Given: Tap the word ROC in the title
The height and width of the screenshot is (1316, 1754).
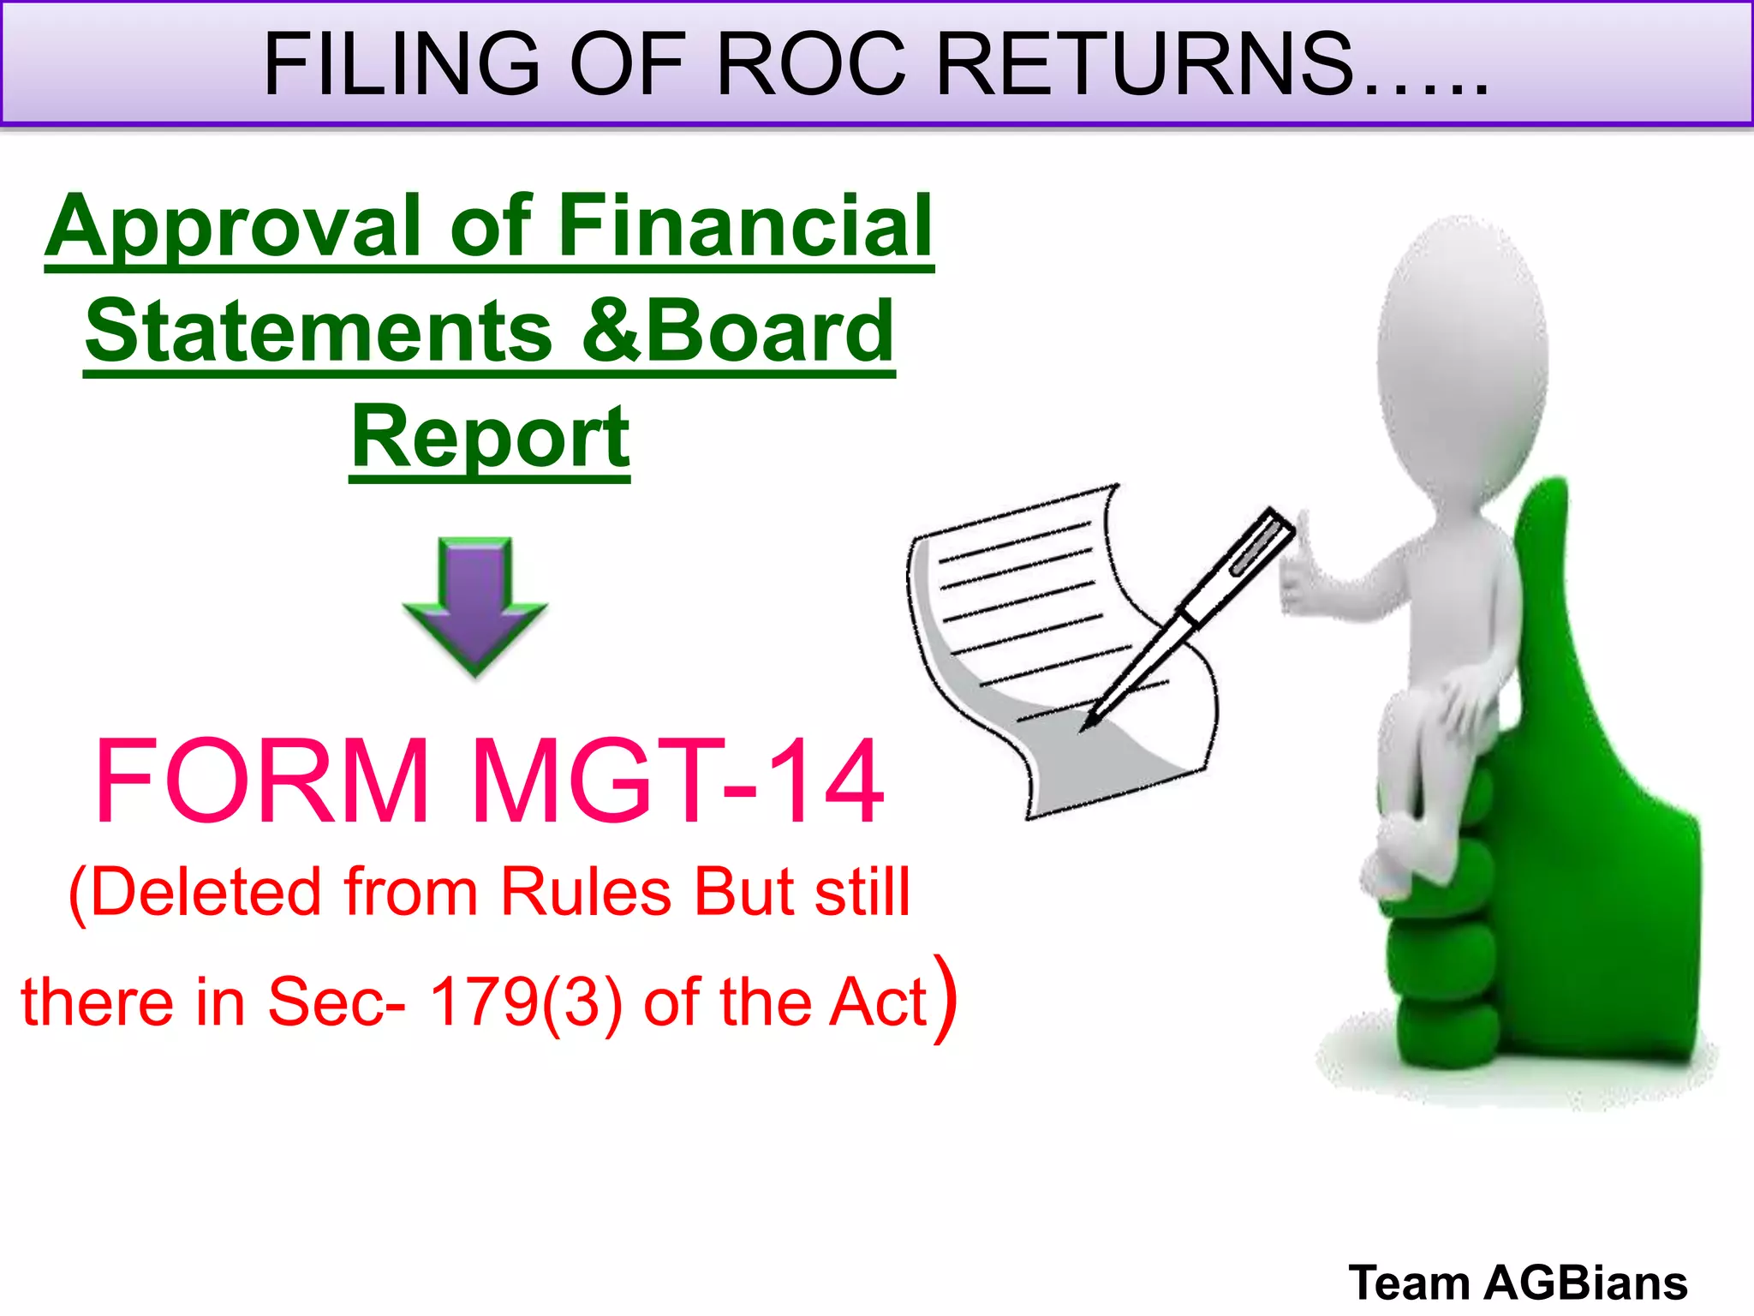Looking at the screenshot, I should click(810, 64).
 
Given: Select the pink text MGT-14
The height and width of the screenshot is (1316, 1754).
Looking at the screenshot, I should click(677, 781).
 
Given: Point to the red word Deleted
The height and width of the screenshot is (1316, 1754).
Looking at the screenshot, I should click(206, 893).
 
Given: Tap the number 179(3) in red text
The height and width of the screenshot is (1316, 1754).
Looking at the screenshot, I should click(525, 1001).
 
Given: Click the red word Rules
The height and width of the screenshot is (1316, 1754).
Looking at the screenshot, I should click(588, 893).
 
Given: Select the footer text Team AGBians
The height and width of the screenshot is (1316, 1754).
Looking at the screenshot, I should click(1518, 1283).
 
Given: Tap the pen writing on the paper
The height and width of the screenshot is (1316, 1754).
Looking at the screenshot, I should click(1190, 617).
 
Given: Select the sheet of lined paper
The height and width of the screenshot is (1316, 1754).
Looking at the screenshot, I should click(1028, 634).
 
